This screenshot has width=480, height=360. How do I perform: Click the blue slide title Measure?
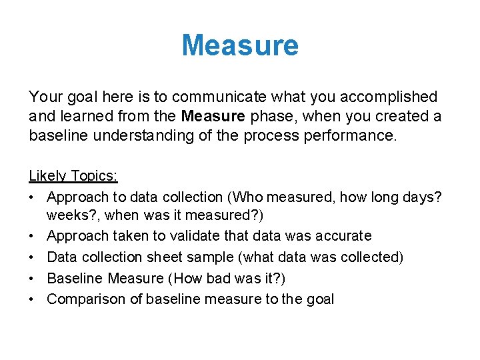click(x=240, y=45)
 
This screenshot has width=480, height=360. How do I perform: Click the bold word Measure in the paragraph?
click(x=213, y=117)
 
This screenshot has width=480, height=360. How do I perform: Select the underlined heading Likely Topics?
click(x=73, y=176)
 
